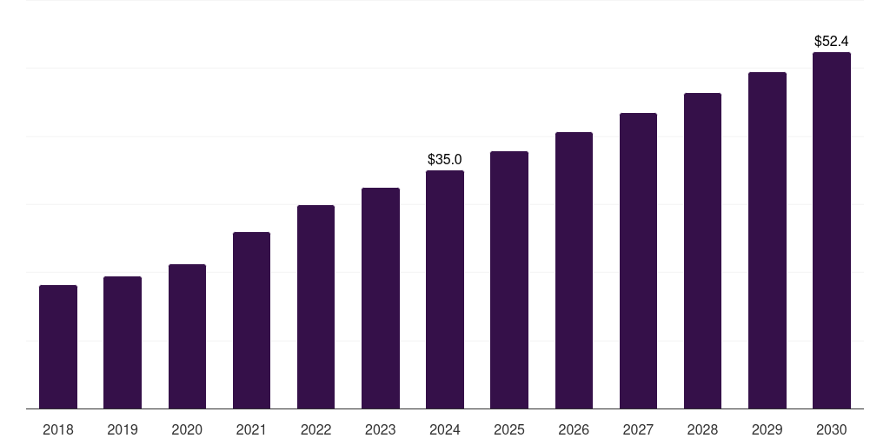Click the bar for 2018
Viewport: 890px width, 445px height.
click(x=58, y=347)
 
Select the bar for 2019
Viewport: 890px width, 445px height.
click(x=123, y=342)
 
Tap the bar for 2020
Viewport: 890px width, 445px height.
click(x=187, y=336)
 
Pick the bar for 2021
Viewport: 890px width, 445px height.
click(x=251, y=321)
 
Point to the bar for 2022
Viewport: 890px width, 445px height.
click(x=315, y=307)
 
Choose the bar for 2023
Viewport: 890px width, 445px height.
click(x=381, y=298)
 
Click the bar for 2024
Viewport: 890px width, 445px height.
click(x=445, y=289)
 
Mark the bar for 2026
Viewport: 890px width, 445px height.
click(x=574, y=270)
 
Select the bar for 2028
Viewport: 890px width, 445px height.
click(x=702, y=251)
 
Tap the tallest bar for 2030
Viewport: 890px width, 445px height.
click(x=832, y=230)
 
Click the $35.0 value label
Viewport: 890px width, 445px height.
click(x=445, y=160)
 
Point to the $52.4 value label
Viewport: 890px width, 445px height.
click(x=832, y=41)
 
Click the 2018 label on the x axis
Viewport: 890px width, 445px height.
click(x=58, y=430)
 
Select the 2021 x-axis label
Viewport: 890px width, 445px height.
click(x=251, y=430)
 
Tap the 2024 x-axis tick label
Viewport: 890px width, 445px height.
click(x=445, y=430)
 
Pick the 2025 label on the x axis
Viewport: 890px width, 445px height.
click(x=509, y=430)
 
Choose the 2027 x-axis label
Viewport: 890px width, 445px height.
click(x=638, y=430)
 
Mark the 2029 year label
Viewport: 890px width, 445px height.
click(x=767, y=430)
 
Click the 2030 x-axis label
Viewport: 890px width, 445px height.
click(x=832, y=430)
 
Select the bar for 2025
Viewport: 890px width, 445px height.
click(x=509, y=280)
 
